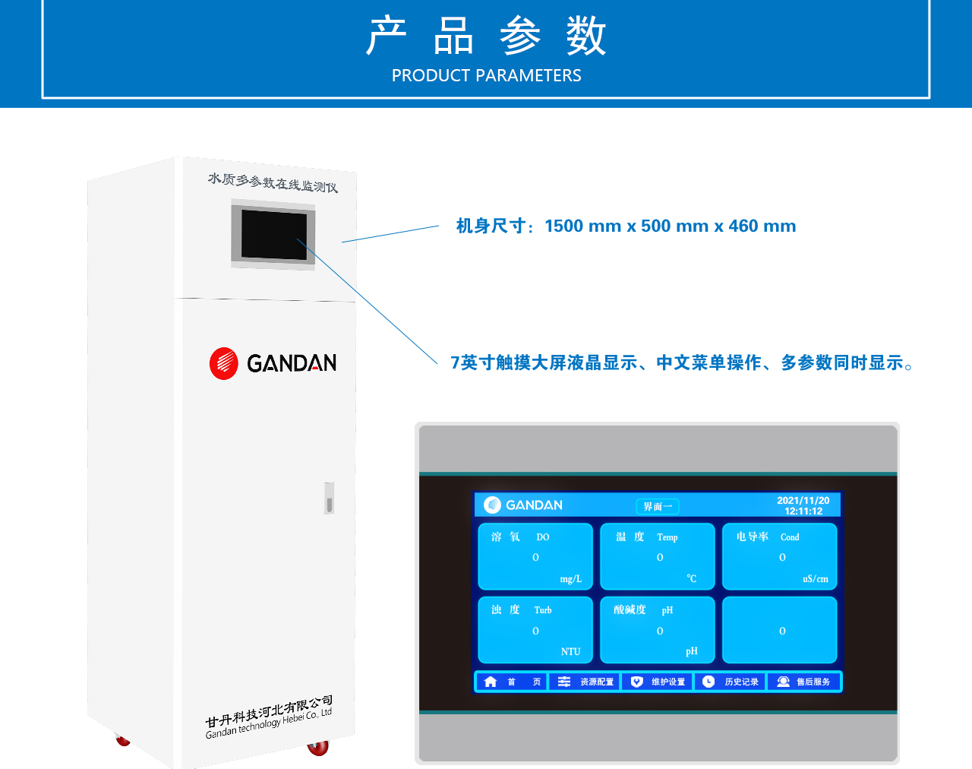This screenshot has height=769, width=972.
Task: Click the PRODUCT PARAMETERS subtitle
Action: [487, 75]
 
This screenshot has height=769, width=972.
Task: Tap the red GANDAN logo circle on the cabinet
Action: [223, 363]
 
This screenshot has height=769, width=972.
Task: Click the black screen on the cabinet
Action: [273, 235]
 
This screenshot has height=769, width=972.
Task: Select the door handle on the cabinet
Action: [330, 498]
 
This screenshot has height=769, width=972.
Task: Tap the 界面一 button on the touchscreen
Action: [657, 506]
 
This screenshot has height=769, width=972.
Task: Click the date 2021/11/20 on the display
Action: [803, 500]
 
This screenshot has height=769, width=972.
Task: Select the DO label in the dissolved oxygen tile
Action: [542, 537]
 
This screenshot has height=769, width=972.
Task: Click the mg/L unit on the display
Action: [570, 579]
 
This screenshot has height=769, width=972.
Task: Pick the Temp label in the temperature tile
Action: [667, 537]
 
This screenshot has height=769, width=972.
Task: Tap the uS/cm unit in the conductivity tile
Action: [816, 579]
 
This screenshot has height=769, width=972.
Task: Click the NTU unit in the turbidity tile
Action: [570, 651]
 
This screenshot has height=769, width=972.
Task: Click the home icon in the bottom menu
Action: [490, 682]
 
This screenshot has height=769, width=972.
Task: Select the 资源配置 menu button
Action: [585, 682]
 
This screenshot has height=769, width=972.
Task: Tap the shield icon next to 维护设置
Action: [636, 682]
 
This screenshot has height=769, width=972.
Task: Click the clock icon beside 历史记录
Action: [708, 682]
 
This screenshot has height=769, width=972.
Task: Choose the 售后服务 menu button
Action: [804, 682]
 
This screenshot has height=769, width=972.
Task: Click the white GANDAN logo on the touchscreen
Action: [523, 505]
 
